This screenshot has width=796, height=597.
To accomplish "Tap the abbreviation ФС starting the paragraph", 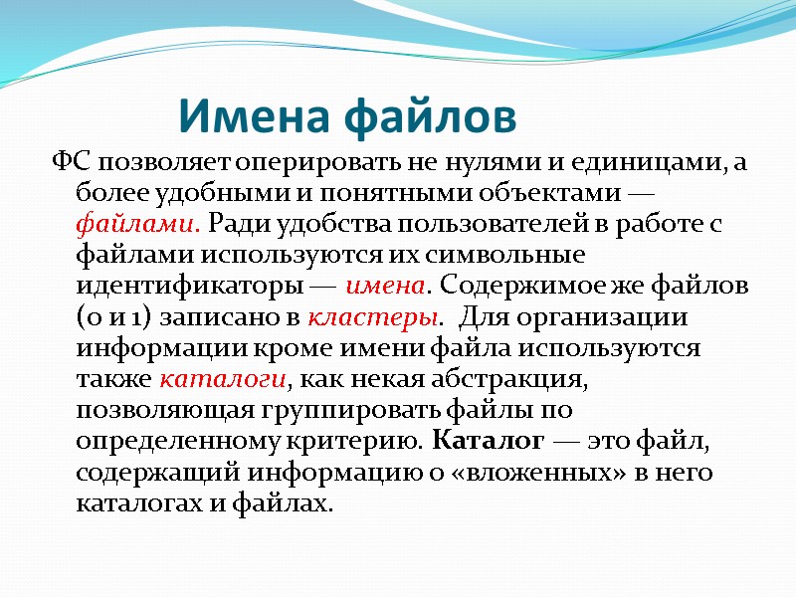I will coord(70,163).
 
